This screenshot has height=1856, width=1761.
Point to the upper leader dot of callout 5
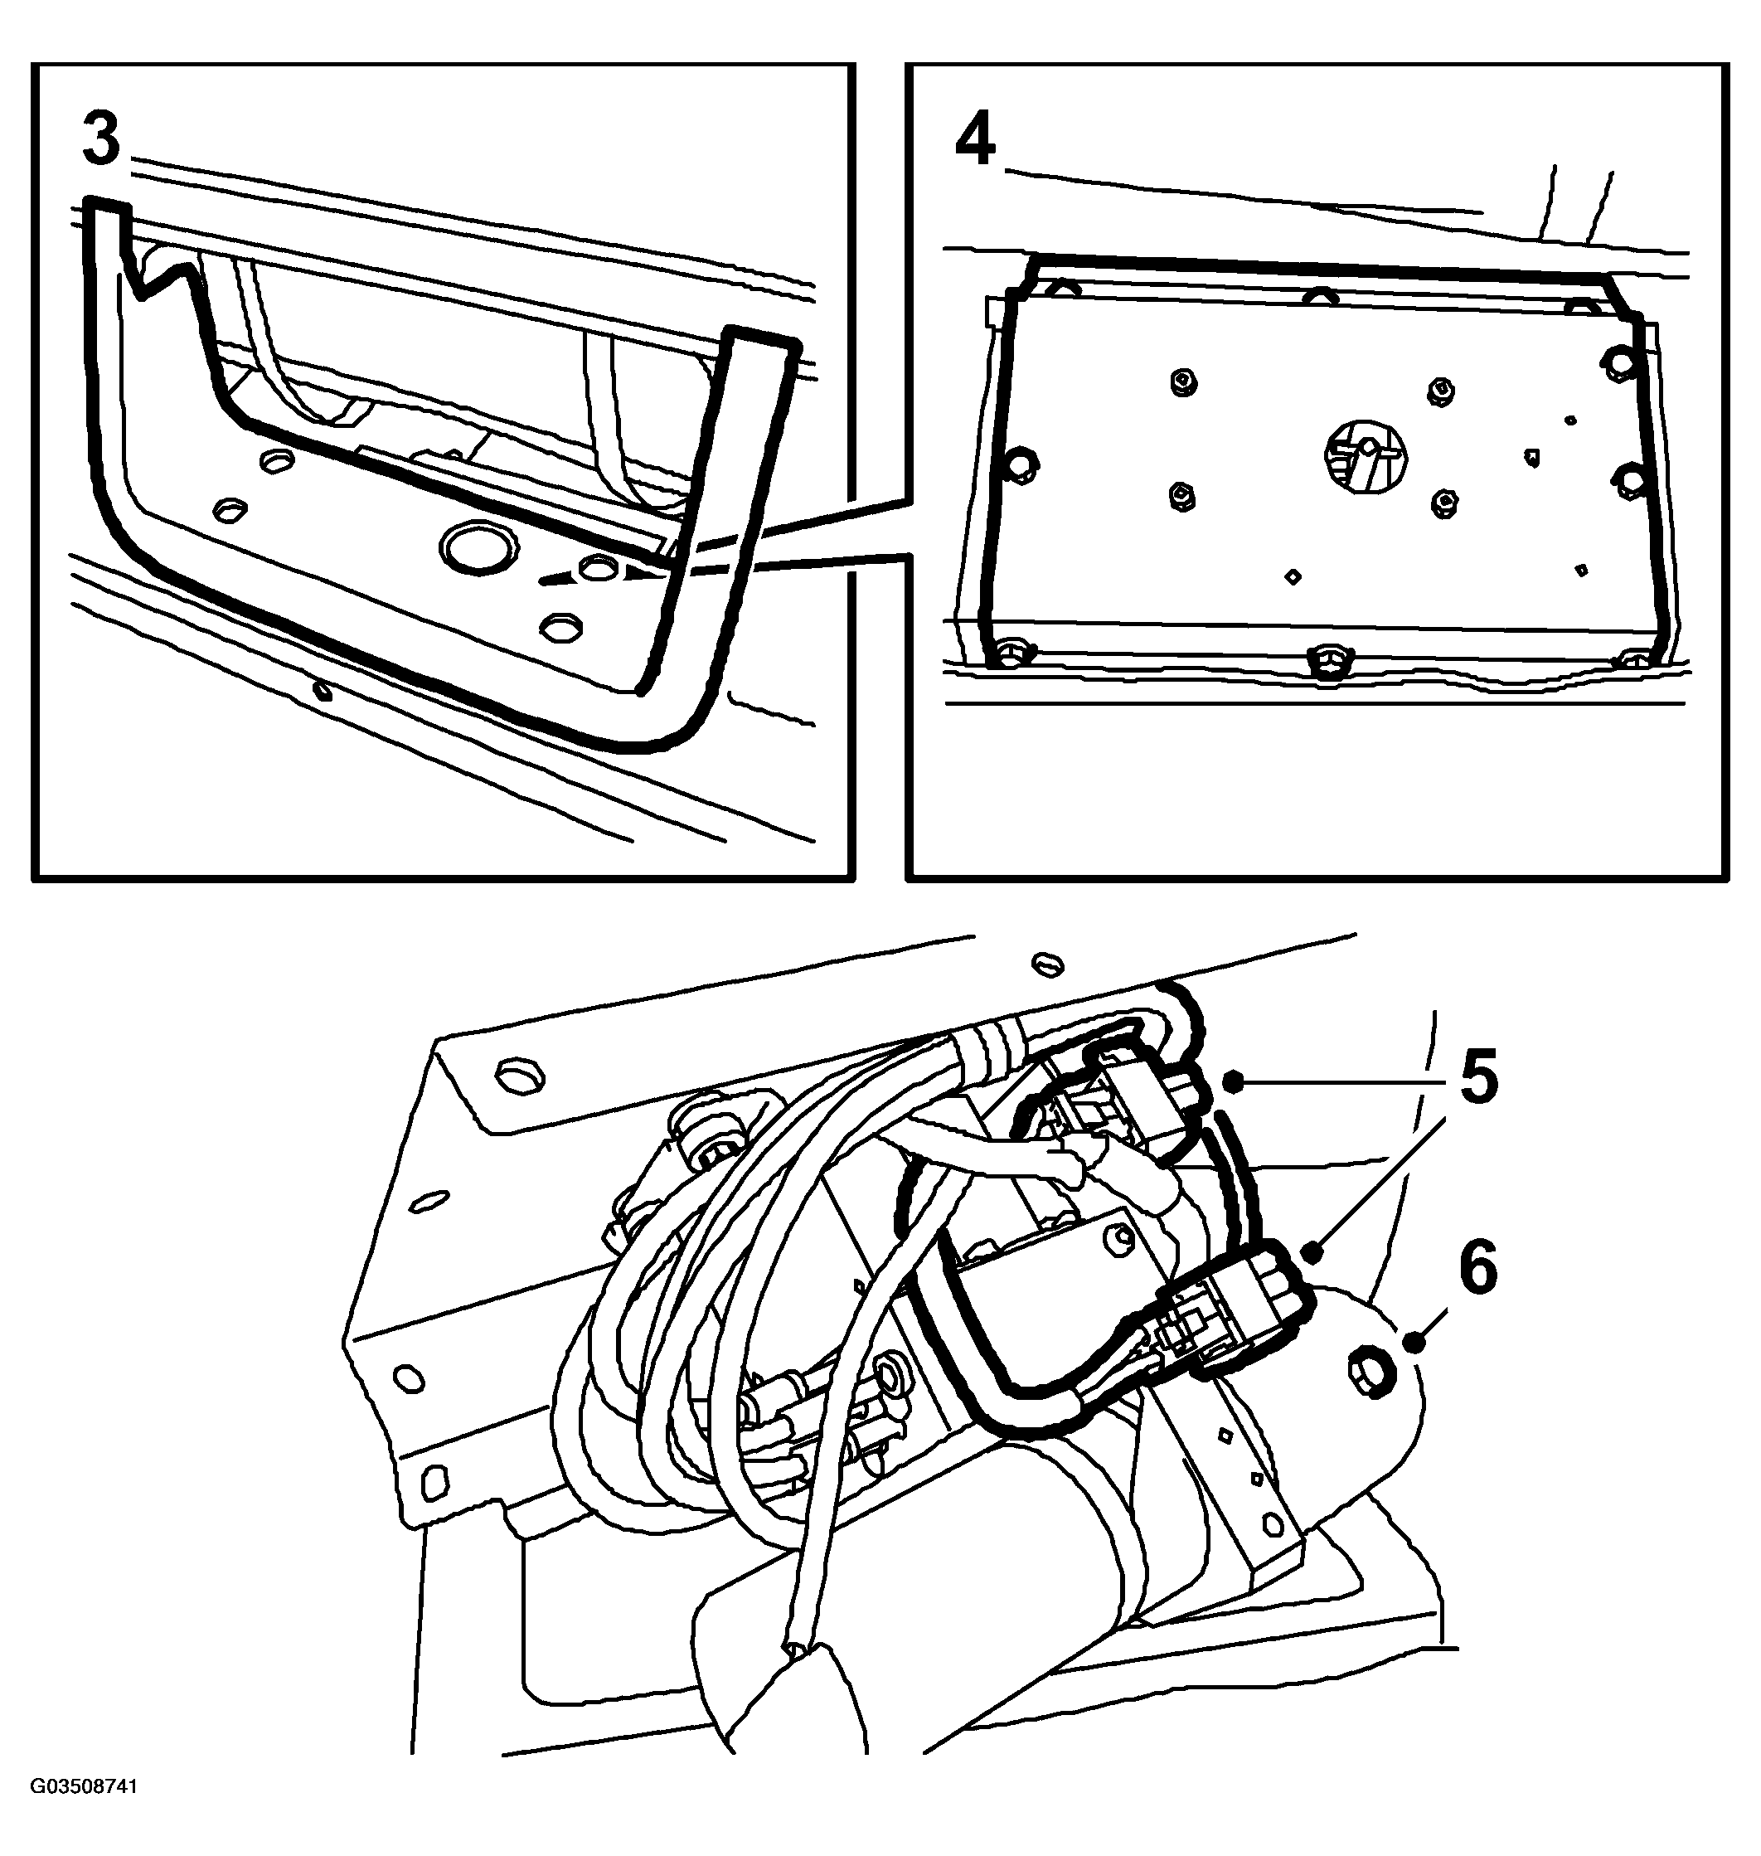click(1234, 1083)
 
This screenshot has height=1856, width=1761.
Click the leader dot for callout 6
click(1414, 1345)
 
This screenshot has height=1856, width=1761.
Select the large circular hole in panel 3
click(475, 547)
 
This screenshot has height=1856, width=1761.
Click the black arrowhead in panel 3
click(641, 570)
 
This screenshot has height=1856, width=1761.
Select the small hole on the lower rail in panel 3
click(322, 692)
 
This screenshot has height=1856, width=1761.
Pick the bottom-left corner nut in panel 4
click(1010, 654)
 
